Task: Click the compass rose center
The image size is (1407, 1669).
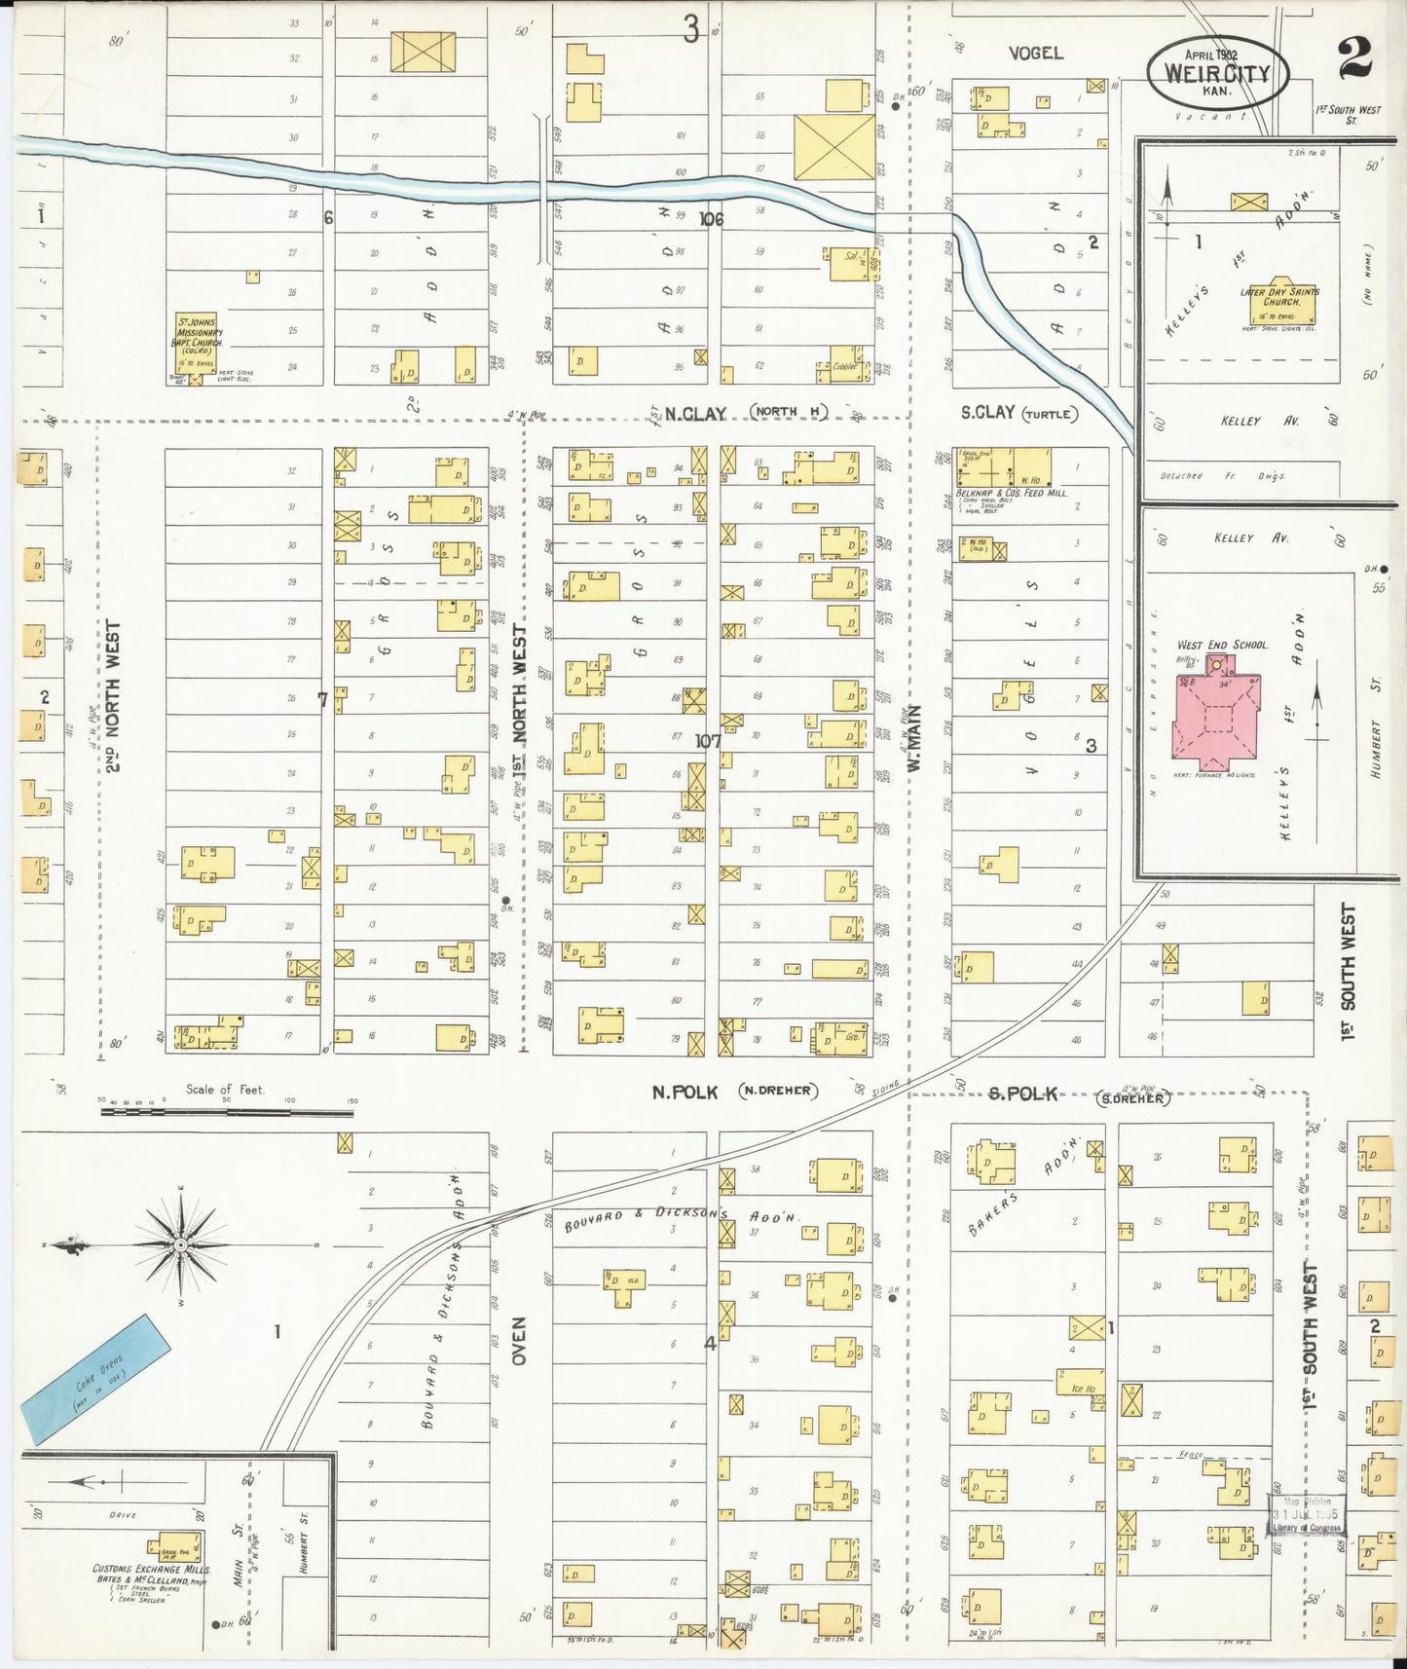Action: (181, 1245)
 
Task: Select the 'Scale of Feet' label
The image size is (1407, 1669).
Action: (225, 1090)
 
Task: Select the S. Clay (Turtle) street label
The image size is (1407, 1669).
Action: (1018, 413)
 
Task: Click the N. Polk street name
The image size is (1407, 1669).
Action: (685, 1093)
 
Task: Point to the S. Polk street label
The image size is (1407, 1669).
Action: (1022, 1094)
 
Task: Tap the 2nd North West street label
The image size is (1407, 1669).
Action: (114, 696)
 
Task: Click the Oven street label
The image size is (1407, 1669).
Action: (519, 1341)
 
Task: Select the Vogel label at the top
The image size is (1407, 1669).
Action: (1035, 53)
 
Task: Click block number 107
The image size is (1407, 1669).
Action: (708, 741)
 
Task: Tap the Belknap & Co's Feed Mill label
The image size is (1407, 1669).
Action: (1013, 493)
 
